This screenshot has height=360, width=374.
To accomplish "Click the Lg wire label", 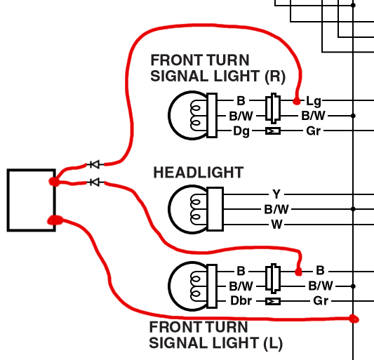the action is pos(314,101).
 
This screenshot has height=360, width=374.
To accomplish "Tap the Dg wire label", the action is pos(241,131).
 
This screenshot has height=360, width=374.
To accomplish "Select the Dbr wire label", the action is pos(241,301).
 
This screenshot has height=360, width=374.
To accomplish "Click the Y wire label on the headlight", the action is pos(276,194).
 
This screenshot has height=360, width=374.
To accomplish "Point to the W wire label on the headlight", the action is pos(276,225).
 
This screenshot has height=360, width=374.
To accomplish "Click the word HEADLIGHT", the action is pos(198,173).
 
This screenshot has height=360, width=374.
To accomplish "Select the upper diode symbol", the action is pos(95,164).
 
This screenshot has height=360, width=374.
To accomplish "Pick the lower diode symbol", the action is pos(95,182).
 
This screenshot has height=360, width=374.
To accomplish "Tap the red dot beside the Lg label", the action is pos(297,101).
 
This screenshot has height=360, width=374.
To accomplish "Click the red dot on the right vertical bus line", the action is pos(354,319).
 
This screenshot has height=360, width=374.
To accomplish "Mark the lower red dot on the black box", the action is pos(55,220).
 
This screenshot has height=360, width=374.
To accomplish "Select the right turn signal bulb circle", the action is pos(168,116).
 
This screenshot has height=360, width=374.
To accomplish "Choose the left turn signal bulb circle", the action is pos(168,286).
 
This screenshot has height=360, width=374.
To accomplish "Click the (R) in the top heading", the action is pos(275,76).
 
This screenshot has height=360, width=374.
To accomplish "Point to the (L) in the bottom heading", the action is pos(273,344).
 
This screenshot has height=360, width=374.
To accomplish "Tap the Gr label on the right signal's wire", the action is pos(314,131).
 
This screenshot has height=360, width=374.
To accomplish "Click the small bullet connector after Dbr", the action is pos(273,302).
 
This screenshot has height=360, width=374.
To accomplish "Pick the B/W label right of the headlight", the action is pos(276,209).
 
